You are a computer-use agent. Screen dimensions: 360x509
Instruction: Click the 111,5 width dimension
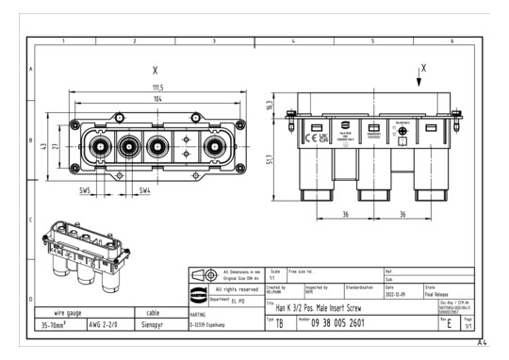point(156,88)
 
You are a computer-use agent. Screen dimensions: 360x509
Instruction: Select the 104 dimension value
point(156,98)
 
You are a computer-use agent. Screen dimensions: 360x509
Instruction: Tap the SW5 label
point(86,191)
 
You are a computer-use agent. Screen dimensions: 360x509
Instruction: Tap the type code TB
point(279,321)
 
